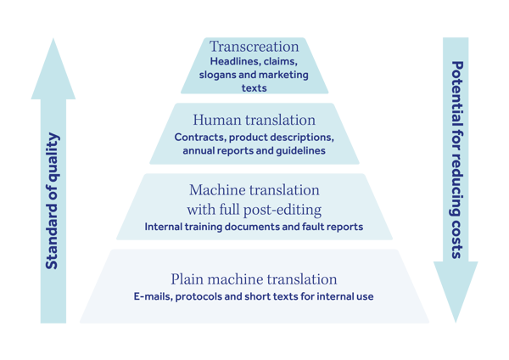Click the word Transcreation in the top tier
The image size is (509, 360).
click(x=255, y=47)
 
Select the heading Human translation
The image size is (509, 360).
click(x=254, y=121)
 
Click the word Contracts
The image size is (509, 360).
click(x=200, y=137)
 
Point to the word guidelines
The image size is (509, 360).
click(x=299, y=150)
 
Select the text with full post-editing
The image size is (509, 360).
click(x=254, y=209)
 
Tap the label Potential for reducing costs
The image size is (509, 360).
click(x=456, y=161)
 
